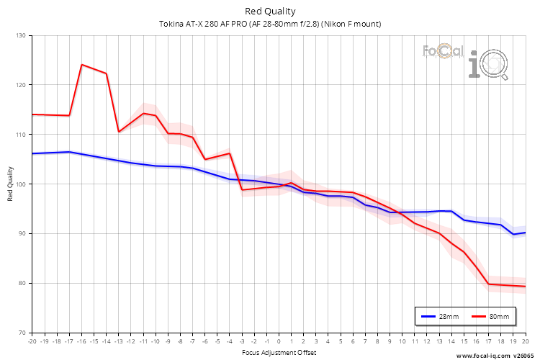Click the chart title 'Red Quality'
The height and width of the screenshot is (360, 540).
(270, 11)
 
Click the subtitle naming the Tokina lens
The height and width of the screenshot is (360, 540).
(270, 24)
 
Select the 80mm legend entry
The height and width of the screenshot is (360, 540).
(493, 316)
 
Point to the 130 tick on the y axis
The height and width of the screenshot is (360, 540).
(20, 36)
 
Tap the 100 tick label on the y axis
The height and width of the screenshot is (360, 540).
(20, 184)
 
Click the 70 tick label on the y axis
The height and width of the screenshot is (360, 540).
(22, 333)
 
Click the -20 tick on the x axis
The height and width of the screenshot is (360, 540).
(32, 341)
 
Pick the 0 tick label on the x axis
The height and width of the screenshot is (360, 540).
(279, 341)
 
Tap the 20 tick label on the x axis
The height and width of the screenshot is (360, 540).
(525, 341)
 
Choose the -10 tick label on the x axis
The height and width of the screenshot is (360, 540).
(155, 341)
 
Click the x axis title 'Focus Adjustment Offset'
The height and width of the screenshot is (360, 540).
(278, 352)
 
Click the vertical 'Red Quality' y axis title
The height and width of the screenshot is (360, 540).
(10, 184)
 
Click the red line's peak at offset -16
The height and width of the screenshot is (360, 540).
(81, 65)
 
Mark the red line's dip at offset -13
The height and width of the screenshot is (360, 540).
(119, 132)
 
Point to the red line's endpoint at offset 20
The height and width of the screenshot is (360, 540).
(525, 287)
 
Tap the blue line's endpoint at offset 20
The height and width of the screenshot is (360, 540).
(525, 233)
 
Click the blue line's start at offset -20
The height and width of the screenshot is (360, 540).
(32, 153)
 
